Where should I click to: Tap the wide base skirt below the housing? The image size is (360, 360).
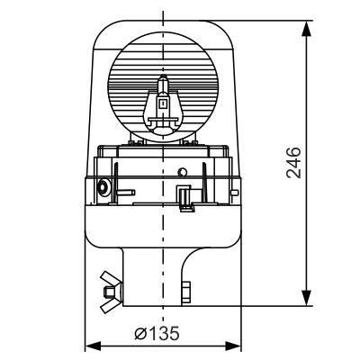[x=162, y=232]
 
